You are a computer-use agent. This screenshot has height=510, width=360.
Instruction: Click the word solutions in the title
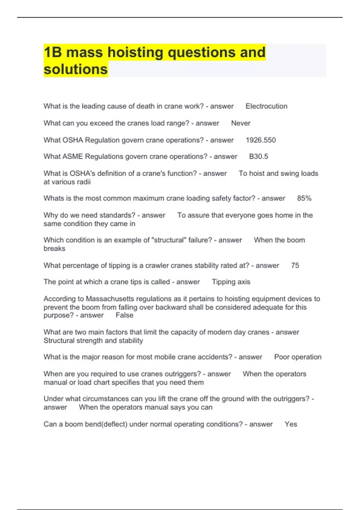76,69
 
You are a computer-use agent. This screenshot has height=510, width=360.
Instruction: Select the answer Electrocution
266,106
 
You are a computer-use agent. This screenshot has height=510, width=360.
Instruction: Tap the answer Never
241,123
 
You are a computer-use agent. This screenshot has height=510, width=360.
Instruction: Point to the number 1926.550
261,140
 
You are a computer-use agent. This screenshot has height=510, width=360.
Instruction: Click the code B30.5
259,157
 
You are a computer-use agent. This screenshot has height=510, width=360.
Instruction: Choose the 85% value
304,198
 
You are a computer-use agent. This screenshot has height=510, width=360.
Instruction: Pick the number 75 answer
295,265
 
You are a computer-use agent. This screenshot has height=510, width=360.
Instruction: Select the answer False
124,315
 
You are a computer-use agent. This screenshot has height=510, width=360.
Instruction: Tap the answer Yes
291,424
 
